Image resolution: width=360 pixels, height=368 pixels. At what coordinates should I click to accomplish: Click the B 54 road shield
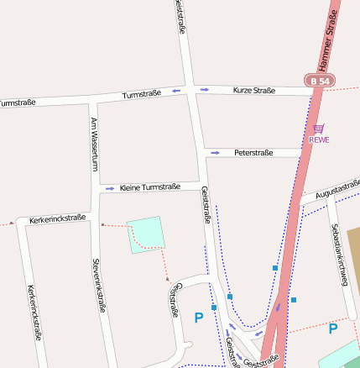[318, 81]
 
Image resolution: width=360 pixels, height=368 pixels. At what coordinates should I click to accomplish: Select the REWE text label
[319, 139]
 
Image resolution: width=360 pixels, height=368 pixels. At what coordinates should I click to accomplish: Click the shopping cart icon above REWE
[318, 129]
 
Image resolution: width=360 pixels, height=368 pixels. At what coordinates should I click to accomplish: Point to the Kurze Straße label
[253, 90]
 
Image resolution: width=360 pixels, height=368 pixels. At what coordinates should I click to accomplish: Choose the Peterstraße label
[253, 153]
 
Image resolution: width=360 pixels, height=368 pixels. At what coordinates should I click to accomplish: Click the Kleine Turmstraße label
[150, 187]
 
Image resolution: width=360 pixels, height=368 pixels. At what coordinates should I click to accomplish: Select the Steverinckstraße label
[97, 285]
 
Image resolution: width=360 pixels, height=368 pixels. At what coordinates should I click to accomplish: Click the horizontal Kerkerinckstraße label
[57, 218]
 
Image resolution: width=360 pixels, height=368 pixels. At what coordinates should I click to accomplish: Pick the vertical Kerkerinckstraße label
[34, 311]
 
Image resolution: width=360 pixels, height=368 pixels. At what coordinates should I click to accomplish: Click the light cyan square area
[145, 234]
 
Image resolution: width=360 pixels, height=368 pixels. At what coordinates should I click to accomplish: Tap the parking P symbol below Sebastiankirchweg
[333, 329]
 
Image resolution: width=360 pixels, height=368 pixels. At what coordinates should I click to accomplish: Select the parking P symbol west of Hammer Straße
[199, 318]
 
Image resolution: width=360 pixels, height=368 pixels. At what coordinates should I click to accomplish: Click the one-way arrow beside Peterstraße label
[216, 153]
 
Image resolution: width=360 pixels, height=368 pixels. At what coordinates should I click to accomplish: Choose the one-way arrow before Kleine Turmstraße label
[109, 188]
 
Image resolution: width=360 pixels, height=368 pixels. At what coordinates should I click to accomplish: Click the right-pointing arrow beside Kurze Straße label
[205, 88]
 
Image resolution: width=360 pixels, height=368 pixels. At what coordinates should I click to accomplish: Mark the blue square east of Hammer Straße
[294, 300]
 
